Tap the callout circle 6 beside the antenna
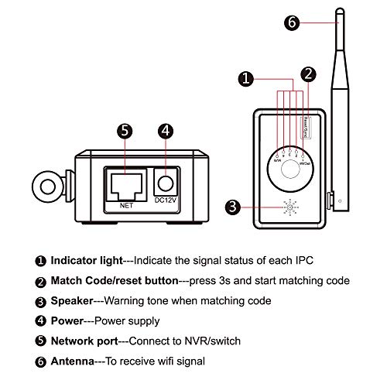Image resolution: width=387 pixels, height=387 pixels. tap(291, 22)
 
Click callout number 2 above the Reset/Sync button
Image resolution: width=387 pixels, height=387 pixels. tap(308, 74)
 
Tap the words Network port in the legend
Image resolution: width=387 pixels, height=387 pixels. tap(83, 340)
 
